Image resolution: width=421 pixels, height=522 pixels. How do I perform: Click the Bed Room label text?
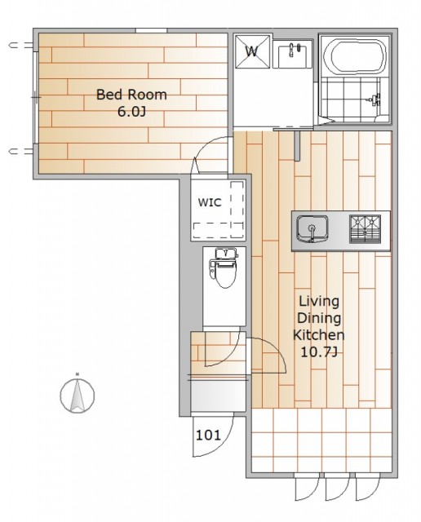131,95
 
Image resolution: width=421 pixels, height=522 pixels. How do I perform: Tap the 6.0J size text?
131,112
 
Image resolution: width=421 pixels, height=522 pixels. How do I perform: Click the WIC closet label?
210,202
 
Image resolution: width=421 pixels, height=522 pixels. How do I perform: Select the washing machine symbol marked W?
252,51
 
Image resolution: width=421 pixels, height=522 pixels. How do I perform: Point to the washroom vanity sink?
292,55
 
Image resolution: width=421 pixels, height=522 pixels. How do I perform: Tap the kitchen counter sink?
312,229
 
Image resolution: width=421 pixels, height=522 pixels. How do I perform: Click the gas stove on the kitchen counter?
365,228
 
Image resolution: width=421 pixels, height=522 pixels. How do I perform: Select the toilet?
224,268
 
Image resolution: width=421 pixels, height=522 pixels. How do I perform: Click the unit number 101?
208,435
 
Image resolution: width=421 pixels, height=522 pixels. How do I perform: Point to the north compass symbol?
78,395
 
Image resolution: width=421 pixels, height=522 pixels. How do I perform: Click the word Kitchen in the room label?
319,334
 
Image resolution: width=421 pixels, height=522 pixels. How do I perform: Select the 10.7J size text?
319,352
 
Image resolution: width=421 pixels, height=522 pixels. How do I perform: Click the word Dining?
319,318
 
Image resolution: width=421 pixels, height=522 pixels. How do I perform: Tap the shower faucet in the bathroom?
374,100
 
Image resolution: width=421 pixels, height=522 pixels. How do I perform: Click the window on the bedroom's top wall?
151,31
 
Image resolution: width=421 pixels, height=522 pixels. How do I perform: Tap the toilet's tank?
226,254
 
